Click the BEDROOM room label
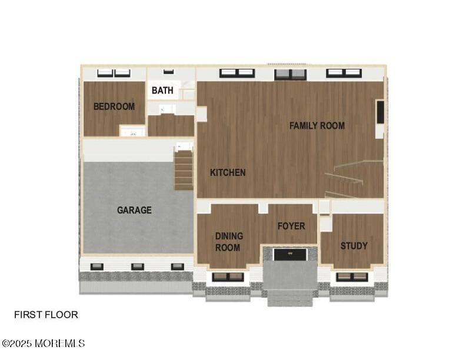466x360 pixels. tap(114, 106)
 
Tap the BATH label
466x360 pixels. tap(162, 91)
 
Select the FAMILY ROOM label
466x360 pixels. tap(317, 126)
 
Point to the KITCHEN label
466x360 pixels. tap(228, 172)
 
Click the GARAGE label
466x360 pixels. tap(134, 211)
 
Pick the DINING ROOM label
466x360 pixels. tap(229, 242)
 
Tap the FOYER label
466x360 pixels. tap(291, 226)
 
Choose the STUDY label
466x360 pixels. tap(354, 246)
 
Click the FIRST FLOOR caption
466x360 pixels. tap(46, 315)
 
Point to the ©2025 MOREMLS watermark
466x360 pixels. tap(44, 344)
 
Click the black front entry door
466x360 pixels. tap(289, 255)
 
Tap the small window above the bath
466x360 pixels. tap(168, 72)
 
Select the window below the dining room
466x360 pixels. tap(228, 277)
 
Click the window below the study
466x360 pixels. tap(352, 277)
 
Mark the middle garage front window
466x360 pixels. tap(138, 266)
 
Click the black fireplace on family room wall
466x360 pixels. tap(380, 112)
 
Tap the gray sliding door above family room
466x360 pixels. tap(290, 74)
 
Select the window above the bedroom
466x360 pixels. tap(114, 73)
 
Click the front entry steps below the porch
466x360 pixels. tap(290, 298)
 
